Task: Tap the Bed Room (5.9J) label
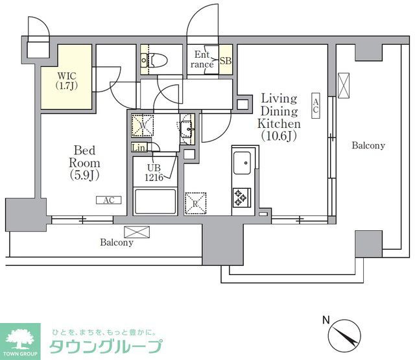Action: [85, 162]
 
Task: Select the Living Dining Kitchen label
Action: [279, 117]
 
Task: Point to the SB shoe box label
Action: [225, 60]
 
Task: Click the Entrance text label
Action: [203, 60]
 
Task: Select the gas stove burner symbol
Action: [242, 197]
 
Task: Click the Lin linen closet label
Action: [139, 148]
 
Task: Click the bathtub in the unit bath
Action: [155, 202]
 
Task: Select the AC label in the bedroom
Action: [108, 200]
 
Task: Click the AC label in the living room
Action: [316, 106]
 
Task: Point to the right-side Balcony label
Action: [368, 146]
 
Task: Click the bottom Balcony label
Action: [117, 243]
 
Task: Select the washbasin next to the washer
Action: [187, 128]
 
